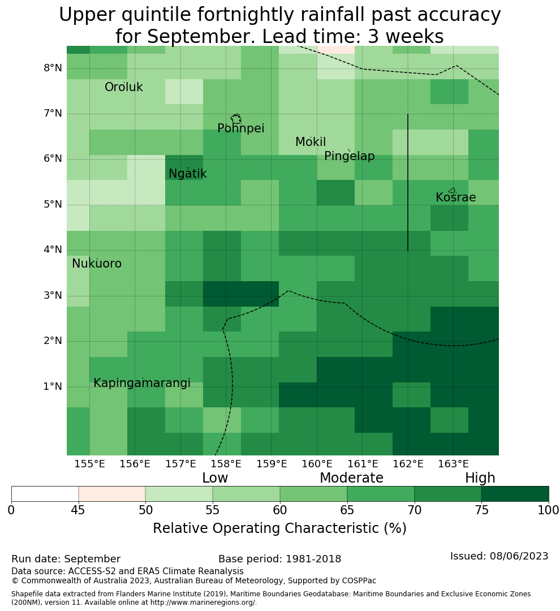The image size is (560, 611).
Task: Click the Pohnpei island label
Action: click(x=240, y=128)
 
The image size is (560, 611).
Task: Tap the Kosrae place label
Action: click(x=455, y=197)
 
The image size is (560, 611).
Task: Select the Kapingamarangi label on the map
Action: click(x=142, y=383)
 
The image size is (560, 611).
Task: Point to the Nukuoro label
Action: click(x=97, y=264)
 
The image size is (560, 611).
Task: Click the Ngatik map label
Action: click(x=187, y=174)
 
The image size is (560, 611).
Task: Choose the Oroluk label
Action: click(x=123, y=87)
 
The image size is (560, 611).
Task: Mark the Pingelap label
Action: click(x=349, y=156)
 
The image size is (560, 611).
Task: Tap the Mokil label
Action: click(x=310, y=142)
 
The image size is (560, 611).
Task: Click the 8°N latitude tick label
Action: click(x=53, y=68)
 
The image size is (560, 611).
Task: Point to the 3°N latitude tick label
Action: click(x=53, y=295)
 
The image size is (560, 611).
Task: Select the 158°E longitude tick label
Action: click(x=226, y=464)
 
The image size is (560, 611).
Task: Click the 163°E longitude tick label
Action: click(x=453, y=464)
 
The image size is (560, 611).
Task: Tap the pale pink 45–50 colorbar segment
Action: click(x=112, y=494)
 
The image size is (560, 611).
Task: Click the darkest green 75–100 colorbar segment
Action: click(x=515, y=494)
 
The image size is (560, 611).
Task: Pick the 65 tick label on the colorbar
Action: click(x=347, y=510)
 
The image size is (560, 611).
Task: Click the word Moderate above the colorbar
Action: click(x=351, y=477)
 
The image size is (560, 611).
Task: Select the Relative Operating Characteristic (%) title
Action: click(x=279, y=528)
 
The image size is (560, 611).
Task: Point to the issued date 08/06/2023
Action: click(x=519, y=556)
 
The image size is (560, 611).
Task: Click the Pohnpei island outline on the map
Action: click(x=236, y=119)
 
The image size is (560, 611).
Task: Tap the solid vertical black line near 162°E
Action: click(x=408, y=182)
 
